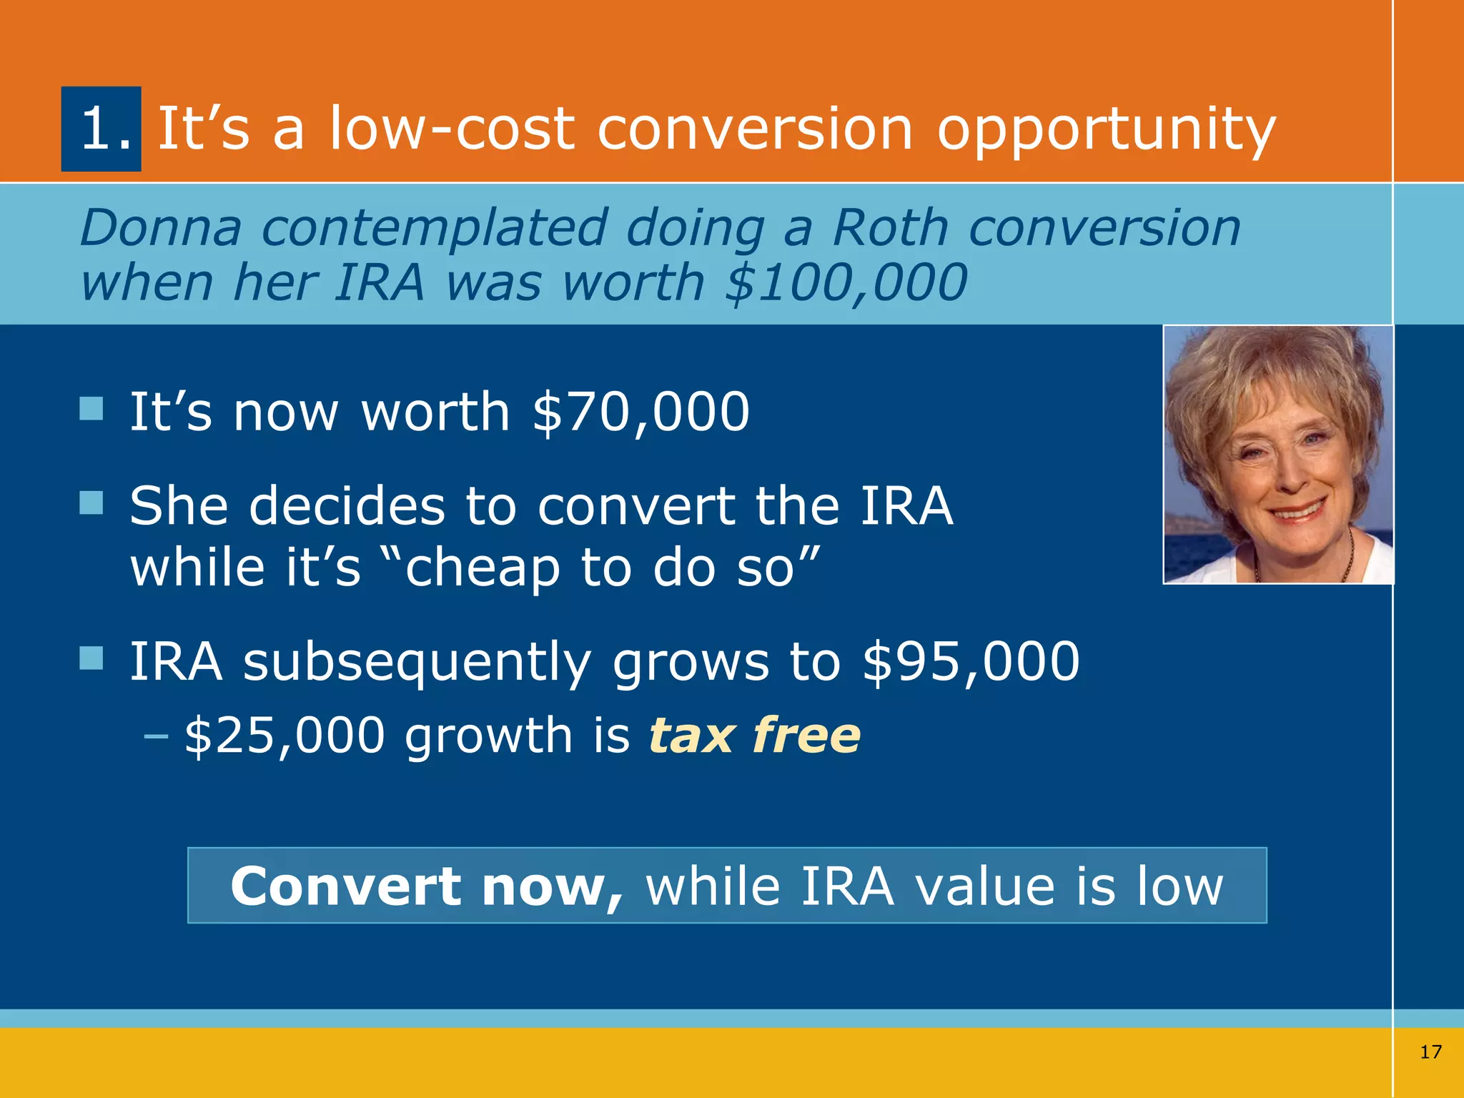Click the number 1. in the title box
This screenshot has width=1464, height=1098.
104,129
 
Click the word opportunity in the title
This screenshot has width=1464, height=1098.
1106,130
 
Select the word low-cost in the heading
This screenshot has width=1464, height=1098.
452,129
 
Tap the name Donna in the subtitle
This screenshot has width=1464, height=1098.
161,228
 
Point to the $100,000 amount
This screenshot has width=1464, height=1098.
846,282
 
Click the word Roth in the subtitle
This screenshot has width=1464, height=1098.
891,228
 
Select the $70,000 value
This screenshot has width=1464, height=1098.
641,412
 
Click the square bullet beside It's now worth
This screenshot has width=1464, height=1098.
91,409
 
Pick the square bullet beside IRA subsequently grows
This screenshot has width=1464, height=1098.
91,658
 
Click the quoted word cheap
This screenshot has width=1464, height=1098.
483,568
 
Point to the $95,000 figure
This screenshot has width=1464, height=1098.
971,661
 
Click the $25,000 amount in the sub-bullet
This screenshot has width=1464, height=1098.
285,736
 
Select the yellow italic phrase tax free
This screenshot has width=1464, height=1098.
754,736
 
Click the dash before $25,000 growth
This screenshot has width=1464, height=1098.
156,736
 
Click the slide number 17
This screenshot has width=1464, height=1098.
1430,1052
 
